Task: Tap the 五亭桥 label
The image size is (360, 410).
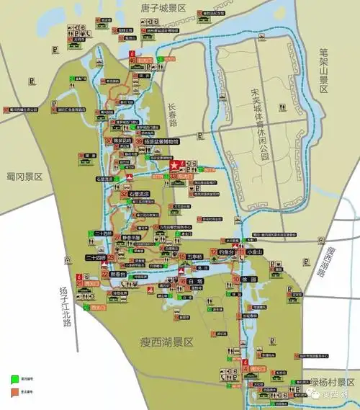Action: tap(196, 256)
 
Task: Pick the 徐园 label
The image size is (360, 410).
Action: tap(249, 279)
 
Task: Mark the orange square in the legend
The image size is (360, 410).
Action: tap(14, 393)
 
